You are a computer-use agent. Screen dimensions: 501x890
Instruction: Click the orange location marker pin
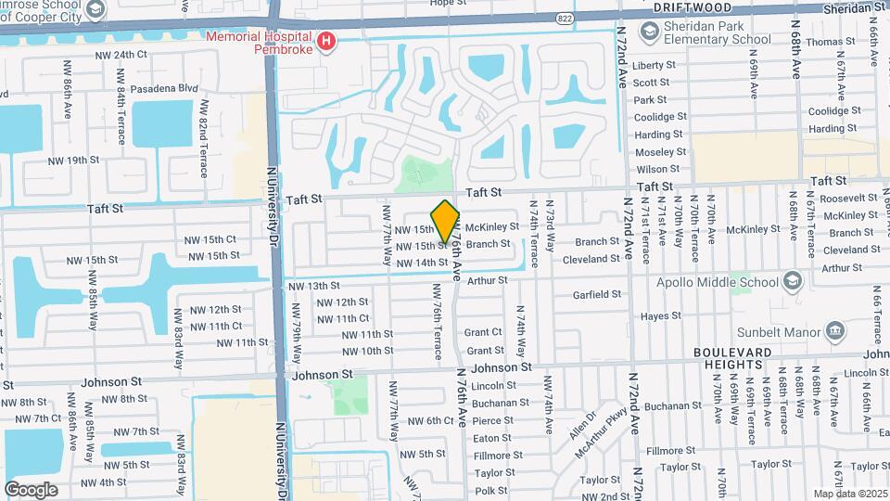tap(446, 222)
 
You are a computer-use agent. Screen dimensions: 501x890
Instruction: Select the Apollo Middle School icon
tap(792, 279)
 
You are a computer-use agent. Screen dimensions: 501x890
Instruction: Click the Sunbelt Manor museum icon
tap(835, 331)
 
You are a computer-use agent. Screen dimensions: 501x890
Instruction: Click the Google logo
tap(31, 489)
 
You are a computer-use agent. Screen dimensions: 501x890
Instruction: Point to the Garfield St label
tap(596, 294)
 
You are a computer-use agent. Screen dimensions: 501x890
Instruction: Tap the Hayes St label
tap(661, 316)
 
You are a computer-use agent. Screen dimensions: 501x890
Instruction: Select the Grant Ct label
tap(483, 332)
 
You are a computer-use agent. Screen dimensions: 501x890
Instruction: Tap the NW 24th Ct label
tap(121, 55)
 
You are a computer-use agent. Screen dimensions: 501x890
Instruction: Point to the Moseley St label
tap(660, 151)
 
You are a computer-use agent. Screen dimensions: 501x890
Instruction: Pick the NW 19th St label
tap(73, 161)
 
